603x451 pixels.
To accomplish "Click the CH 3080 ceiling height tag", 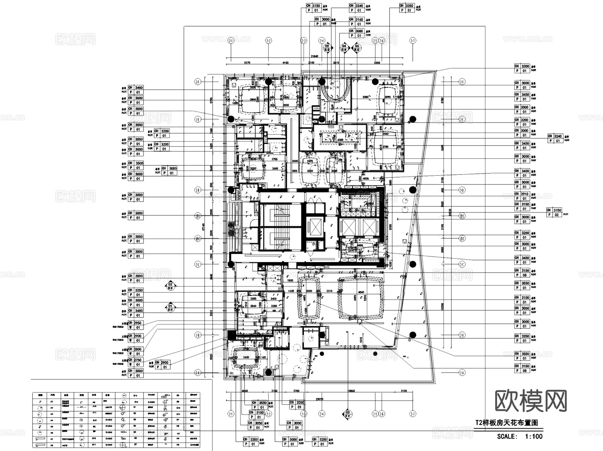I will [x=356, y=33].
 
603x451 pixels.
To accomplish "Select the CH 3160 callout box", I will [x=356, y=22].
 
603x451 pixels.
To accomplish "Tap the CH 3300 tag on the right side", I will [x=522, y=69].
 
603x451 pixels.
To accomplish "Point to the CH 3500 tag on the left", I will [x=136, y=165].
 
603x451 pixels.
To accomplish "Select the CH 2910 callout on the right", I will [x=522, y=196].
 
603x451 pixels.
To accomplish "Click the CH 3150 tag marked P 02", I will [x=554, y=213].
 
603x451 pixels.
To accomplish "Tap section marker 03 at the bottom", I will [x=348, y=414].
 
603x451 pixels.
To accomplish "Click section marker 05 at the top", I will [x=327, y=48].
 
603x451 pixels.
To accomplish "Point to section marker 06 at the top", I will [x=357, y=48].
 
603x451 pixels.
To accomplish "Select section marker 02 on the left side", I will [x=170, y=286].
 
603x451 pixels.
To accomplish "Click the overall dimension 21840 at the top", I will [x=314, y=57].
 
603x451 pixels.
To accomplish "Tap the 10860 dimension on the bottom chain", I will [x=351, y=391].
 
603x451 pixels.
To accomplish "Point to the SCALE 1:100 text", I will [x=520, y=436].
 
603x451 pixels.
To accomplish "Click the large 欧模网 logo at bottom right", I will [x=531, y=401].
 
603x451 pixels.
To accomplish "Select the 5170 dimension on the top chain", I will [x=247, y=63].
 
